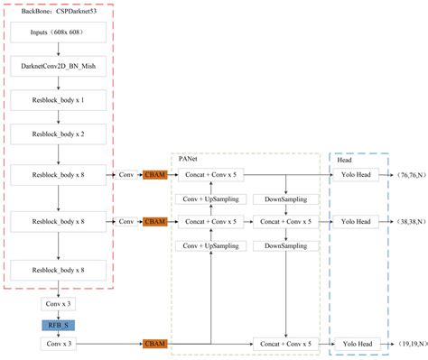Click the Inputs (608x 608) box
tap(59, 32)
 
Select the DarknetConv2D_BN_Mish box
tap(59, 67)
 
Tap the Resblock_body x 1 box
tap(59, 99)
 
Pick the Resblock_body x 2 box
tap(59, 133)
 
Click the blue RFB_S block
tap(59, 324)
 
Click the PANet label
tap(190, 160)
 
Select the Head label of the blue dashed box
tap(344, 160)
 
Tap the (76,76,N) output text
tap(404, 174)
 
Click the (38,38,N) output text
tap(404, 221)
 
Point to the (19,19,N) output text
tap(404, 344)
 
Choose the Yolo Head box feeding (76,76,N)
tap(356, 174)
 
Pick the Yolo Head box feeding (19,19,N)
tap(356, 344)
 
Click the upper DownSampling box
tap(285, 198)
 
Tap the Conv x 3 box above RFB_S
tap(59, 305)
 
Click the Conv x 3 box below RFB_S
tap(59, 344)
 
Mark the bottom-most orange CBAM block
tap(155, 344)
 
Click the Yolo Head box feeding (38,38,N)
tap(356, 221)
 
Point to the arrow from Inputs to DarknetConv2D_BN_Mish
tap(59, 50)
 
